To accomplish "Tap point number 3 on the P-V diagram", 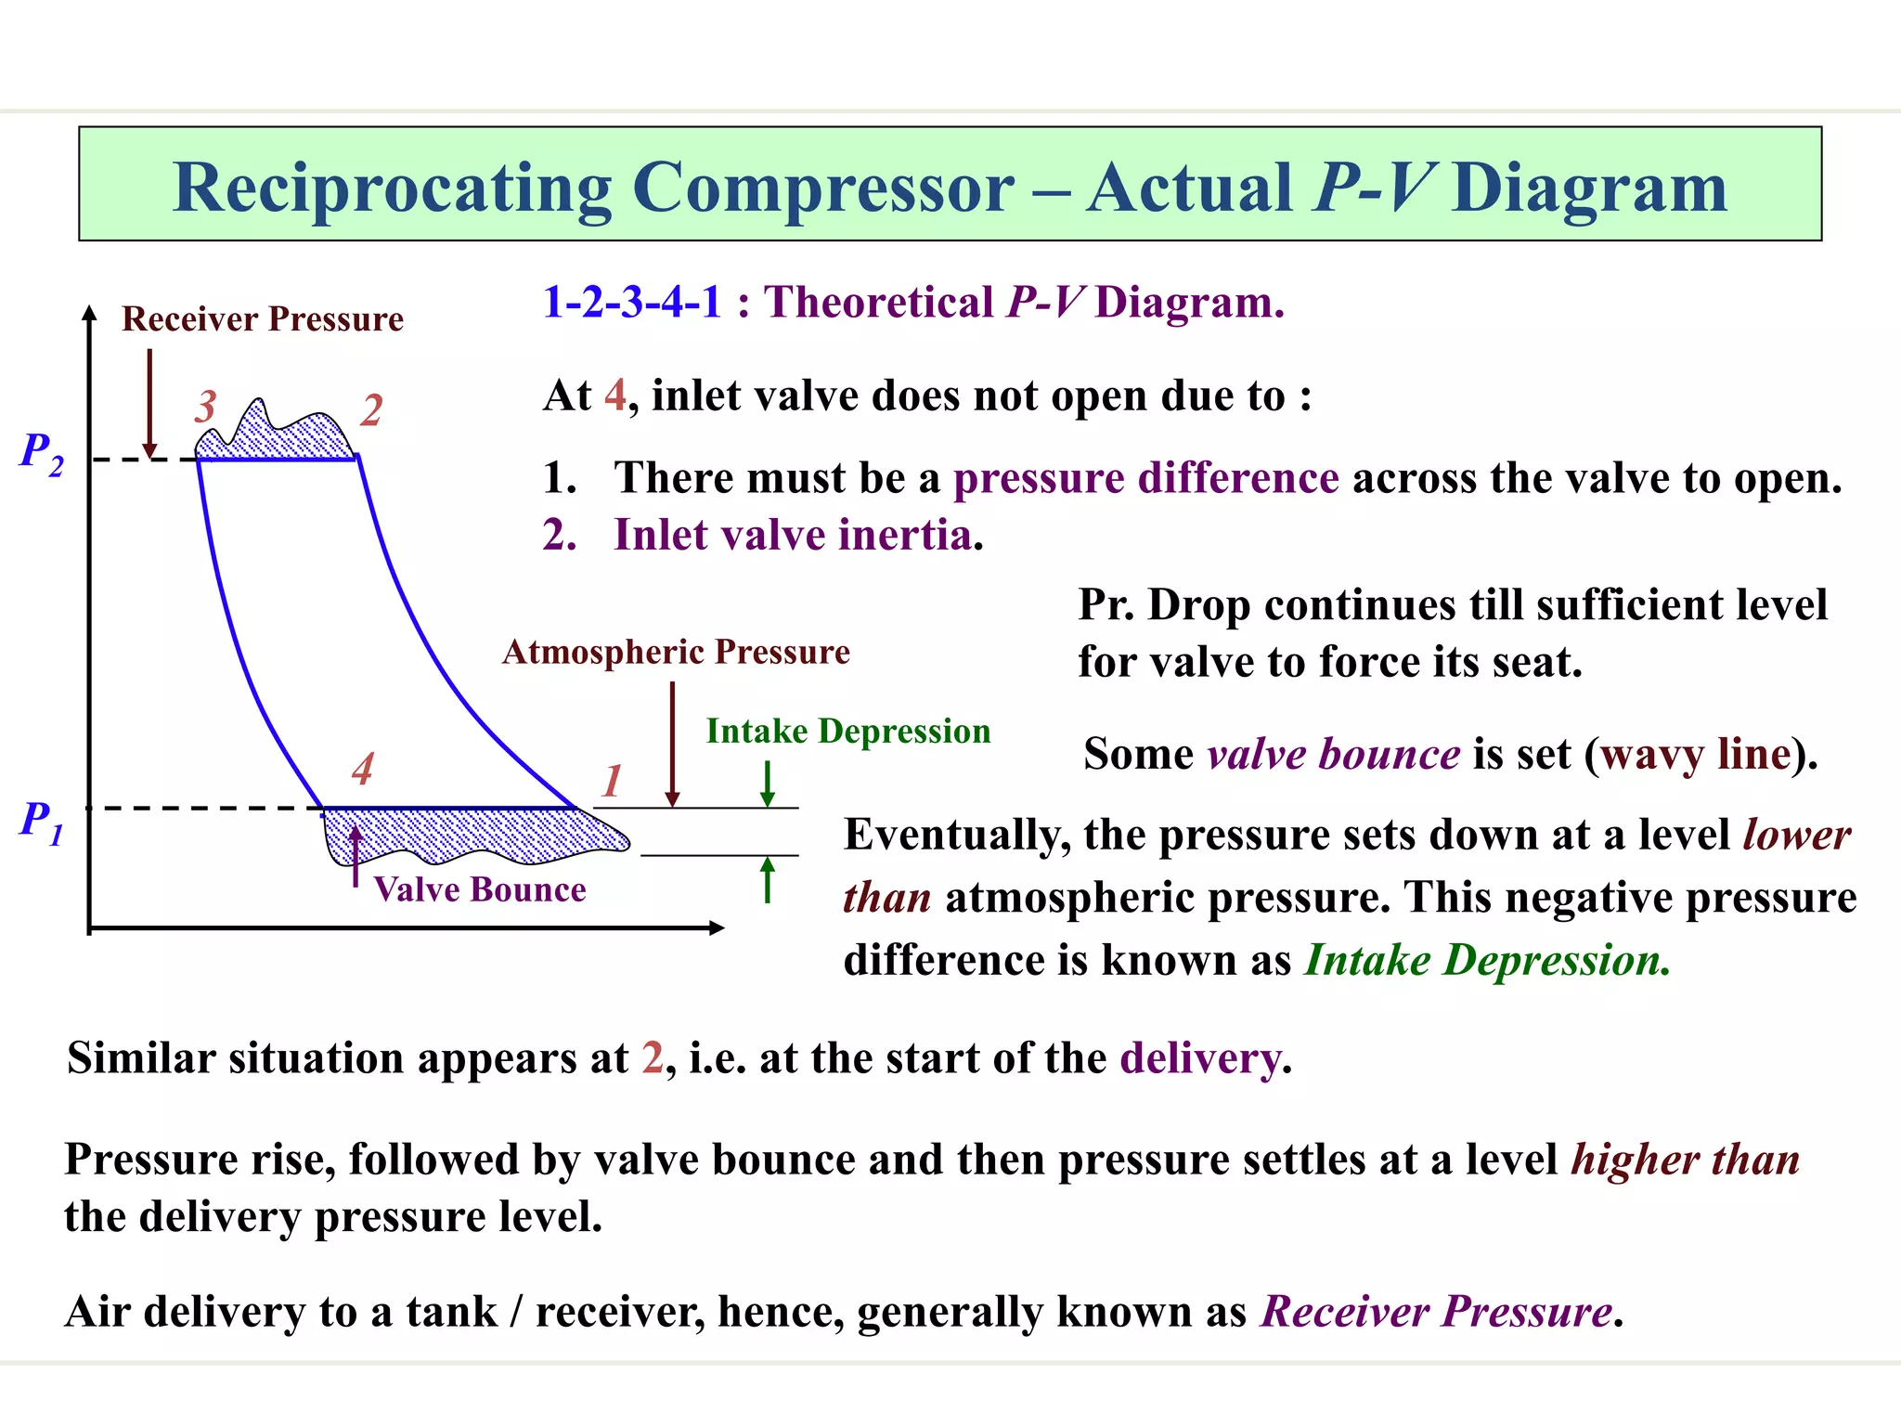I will pyautogui.click(x=205, y=407).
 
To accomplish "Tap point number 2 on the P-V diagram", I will pyautogui.click(x=371, y=410).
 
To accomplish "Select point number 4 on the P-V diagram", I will pyautogui.click(x=362, y=769).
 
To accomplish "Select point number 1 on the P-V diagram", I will pyautogui.click(x=611, y=781).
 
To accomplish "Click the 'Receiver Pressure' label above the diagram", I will pyautogui.click(x=263, y=319).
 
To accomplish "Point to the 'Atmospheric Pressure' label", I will pyautogui.click(x=676, y=652).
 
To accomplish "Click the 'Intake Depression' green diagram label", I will pyautogui.click(x=848, y=732).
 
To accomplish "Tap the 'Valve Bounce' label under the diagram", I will pyautogui.click(x=480, y=889).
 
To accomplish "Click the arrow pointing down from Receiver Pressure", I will pyautogui.click(x=149, y=404).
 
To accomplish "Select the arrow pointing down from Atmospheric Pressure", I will pyautogui.click(x=672, y=743).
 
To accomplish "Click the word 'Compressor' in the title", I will pyautogui.click(x=823, y=188).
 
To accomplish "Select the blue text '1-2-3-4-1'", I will pyautogui.click(x=632, y=303).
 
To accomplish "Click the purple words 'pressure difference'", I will pyautogui.click(x=1146, y=478).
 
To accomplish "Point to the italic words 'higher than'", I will pyautogui.click(x=1685, y=1160).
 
